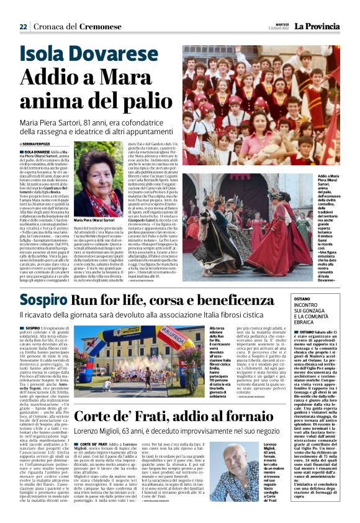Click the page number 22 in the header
23,27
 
